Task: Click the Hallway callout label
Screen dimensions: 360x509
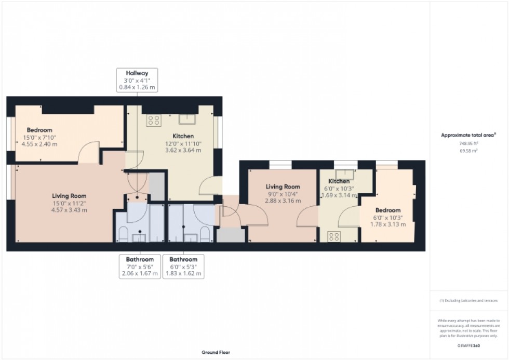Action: pos(137,81)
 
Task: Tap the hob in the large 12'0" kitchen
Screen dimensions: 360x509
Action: pos(154,120)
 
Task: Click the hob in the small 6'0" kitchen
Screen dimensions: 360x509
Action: pos(332,237)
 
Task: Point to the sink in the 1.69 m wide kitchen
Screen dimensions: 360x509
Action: pos(343,174)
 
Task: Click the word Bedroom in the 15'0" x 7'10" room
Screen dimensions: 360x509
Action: pos(40,130)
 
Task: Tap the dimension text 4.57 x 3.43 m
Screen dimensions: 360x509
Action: pos(69,210)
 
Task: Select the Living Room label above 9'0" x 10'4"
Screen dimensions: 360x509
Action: pos(283,187)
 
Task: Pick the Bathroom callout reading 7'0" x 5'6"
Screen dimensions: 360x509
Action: pos(140,266)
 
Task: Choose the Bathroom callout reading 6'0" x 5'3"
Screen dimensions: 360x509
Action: pos(183,266)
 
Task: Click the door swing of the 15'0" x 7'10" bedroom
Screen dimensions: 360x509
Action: pos(88,152)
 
